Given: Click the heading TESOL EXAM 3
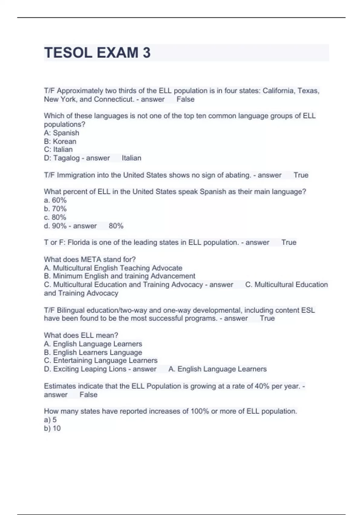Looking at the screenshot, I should pos(97,53).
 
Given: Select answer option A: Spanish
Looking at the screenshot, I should pos(62,133).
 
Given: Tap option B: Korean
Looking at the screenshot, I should pos(60,141).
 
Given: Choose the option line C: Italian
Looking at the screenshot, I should pos(58,150).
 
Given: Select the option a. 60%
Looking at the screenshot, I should pos(55,200).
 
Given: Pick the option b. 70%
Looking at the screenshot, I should pos(55,209).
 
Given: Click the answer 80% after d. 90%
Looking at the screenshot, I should pos(116,226).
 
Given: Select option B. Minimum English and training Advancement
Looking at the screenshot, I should pos(119,276).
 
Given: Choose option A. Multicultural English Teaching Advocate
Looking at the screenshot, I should pos(113,268).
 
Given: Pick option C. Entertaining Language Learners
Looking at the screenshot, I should pos(101,360).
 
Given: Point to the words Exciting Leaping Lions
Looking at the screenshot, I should pos(90,369).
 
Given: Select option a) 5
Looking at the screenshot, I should pos(50,420).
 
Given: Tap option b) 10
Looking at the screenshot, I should pos(52,428).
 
